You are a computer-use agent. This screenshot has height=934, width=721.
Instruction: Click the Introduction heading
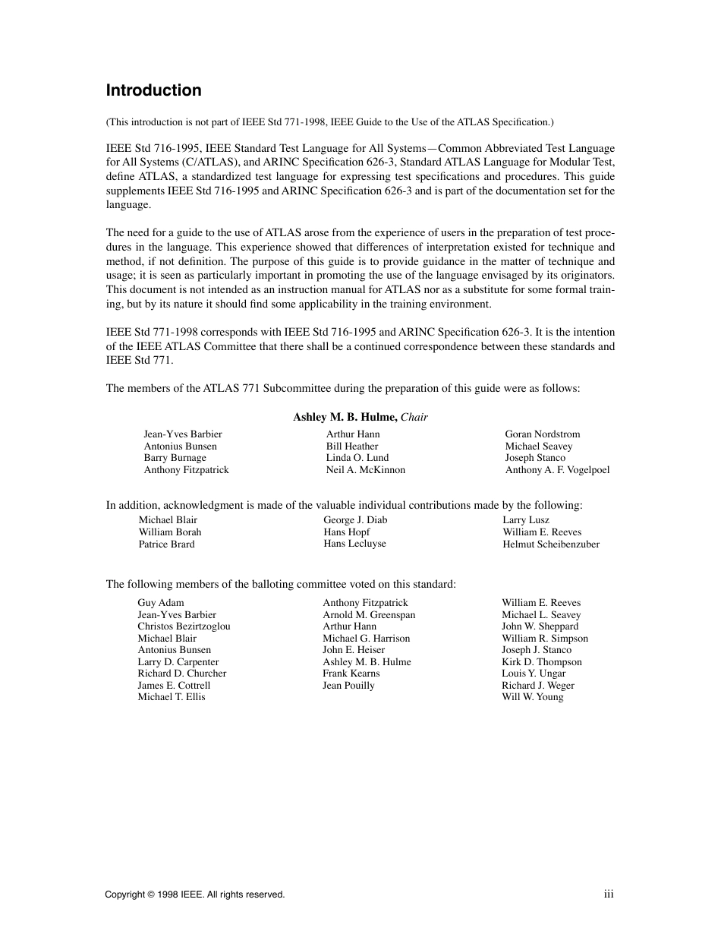coord(153,90)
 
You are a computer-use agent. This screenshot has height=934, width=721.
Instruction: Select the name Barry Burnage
coord(175,458)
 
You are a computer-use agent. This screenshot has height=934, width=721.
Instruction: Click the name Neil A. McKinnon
coord(366,470)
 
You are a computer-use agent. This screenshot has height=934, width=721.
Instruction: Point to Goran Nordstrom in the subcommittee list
coord(543,434)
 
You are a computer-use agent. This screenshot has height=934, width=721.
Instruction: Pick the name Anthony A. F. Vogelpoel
coord(557,470)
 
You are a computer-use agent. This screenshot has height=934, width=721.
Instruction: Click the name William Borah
coord(170,532)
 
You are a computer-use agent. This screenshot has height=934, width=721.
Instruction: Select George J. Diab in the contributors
coord(355,520)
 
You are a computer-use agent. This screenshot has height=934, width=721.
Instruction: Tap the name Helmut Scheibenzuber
coord(551,544)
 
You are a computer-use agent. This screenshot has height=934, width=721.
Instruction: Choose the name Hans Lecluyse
coord(354,544)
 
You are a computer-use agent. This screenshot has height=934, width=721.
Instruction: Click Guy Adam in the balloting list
coord(161,603)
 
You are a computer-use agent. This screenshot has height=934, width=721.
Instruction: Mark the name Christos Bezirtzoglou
coord(184,626)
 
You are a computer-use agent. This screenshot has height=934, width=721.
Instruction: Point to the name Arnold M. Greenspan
coord(369,615)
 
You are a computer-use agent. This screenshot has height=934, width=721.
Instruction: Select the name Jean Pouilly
coord(348,686)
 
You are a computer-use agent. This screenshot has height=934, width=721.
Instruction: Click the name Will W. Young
coord(532,697)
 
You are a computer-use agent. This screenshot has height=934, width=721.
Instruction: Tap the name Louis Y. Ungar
coord(534,674)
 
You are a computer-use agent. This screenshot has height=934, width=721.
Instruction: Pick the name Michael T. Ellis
coord(172,697)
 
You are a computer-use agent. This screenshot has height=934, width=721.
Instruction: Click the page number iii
coord(609,895)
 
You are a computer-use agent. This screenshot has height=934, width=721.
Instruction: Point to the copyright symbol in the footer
coord(152,895)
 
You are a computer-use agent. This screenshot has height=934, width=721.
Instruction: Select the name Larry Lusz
coord(526,520)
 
